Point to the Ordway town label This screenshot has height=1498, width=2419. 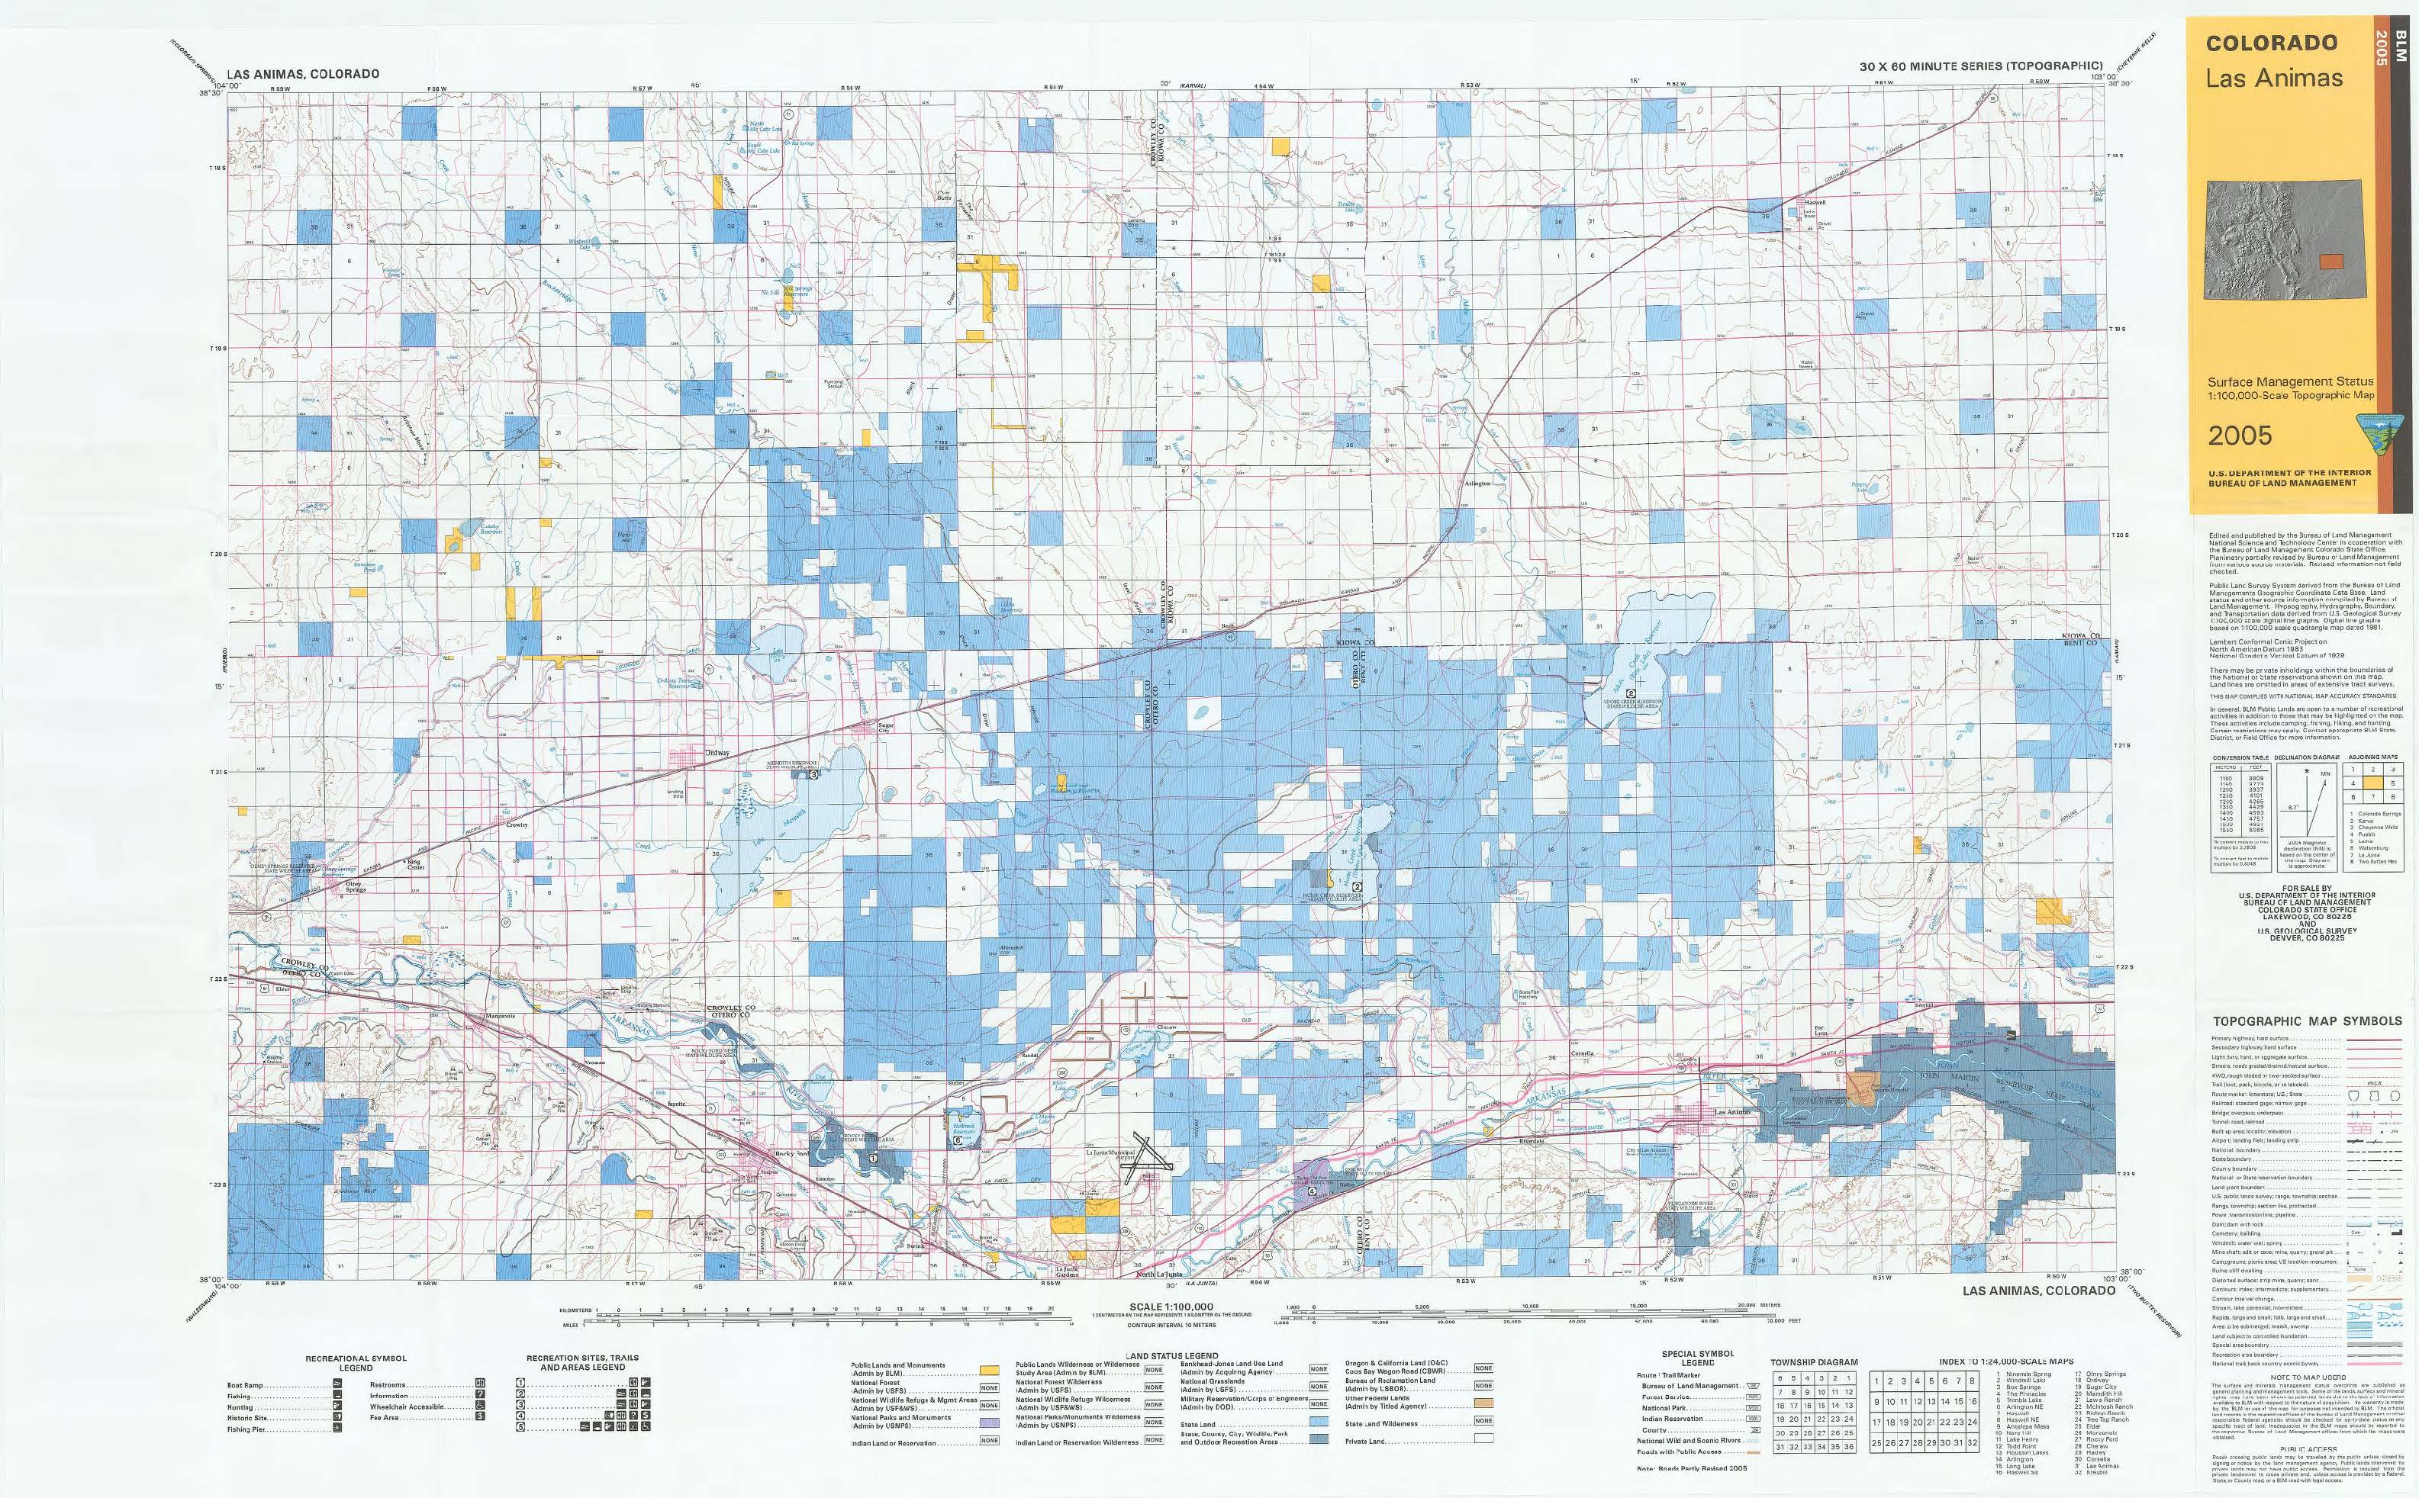(716, 753)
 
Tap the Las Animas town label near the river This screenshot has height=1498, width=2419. (1732, 1113)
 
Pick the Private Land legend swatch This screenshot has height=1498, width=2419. (1483, 1438)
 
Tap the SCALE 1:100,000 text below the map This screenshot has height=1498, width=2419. (1171, 1308)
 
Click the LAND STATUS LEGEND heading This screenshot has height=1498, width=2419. (1171, 1355)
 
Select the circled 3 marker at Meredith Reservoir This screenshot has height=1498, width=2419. (813, 776)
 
